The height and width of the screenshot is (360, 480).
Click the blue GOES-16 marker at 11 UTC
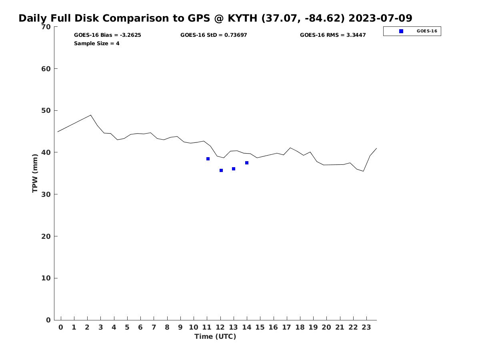pyautogui.click(x=208, y=159)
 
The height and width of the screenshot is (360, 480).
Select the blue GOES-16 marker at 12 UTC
pyautogui.click(x=221, y=170)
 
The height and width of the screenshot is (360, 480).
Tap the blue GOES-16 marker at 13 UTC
pyautogui.click(x=234, y=169)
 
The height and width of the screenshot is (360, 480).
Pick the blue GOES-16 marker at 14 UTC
pyautogui.click(x=247, y=163)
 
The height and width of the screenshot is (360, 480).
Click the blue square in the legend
pyautogui.click(x=401, y=31)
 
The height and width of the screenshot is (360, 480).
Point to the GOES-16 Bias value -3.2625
pyautogui.click(x=130, y=35)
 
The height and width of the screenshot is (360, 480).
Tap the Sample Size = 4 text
pyautogui.click(x=97, y=43)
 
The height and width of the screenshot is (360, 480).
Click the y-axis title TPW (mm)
pyautogui.click(x=35, y=173)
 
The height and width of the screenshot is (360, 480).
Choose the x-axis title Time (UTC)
pyautogui.click(x=215, y=336)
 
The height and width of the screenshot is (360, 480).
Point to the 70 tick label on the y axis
pyautogui.click(x=46, y=27)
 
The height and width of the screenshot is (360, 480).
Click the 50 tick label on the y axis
pyautogui.click(x=46, y=110)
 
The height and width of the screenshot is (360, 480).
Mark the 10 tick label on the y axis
pyautogui.click(x=46, y=278)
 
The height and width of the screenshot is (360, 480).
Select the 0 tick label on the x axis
pyautogui.click(x=61, y=327)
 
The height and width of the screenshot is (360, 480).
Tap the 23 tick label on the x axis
pyautogui.click(x=366, y=327)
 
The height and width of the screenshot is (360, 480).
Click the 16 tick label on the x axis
pyautogui.click(x=273, y=327)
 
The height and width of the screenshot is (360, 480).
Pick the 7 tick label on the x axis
pyautogui.click(x=154, y=327)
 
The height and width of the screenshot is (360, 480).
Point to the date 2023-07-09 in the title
pyautogui.click(x=380, y=18)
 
